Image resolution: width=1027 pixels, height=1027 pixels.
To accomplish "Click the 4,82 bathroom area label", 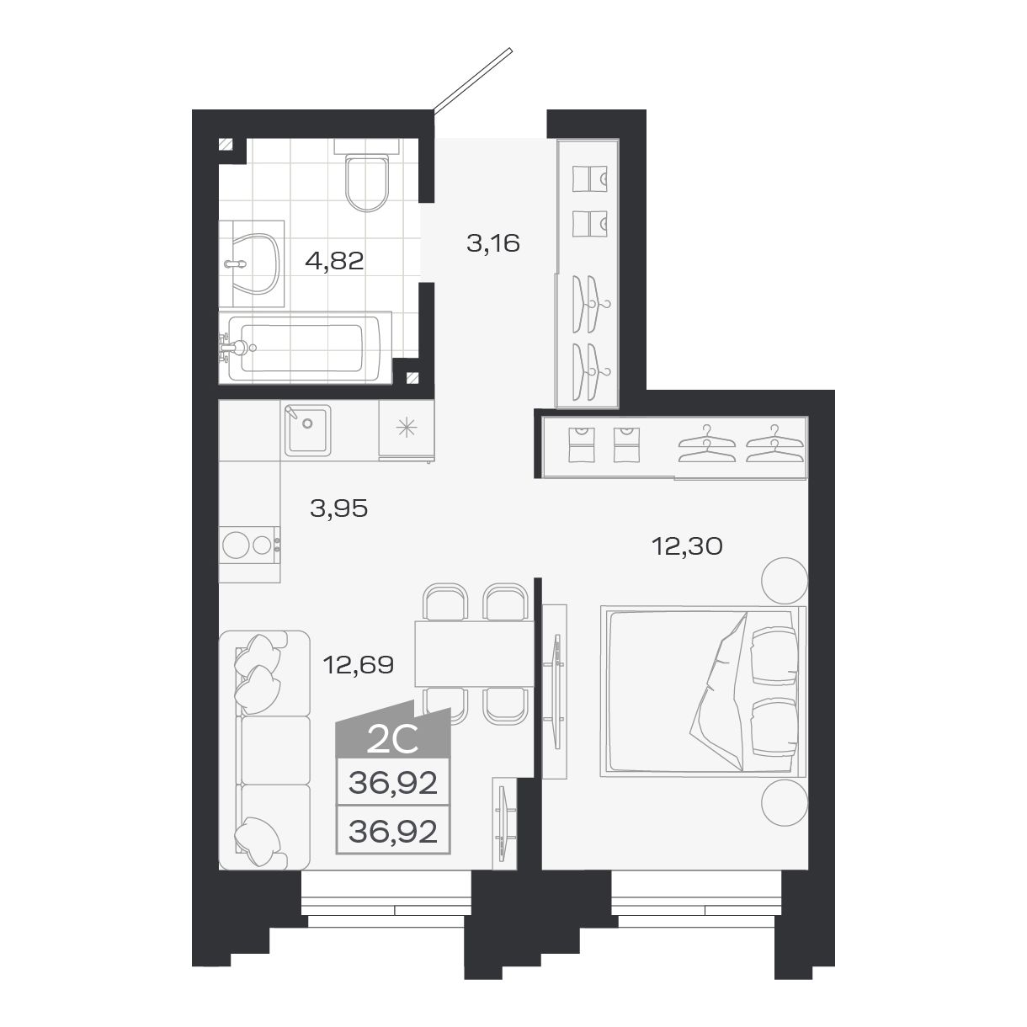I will tap(334, 261).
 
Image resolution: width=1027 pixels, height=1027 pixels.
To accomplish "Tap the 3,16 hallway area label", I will tap(493, 244).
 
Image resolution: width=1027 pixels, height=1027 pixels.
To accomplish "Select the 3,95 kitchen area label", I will tap(339, 508).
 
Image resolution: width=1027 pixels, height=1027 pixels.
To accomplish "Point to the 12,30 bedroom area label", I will tap(688, 546).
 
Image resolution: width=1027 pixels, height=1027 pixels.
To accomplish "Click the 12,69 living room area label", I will tap(359, 665).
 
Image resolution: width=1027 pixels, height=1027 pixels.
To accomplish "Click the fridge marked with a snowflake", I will tap(406, 429).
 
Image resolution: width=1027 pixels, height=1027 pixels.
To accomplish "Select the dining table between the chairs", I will tap(473, 653).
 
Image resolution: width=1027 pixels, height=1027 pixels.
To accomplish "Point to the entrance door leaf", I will tap(471, 80).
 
